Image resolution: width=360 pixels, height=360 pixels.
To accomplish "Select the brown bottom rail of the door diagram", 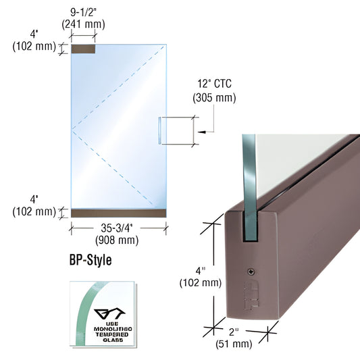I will (118, 213).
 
